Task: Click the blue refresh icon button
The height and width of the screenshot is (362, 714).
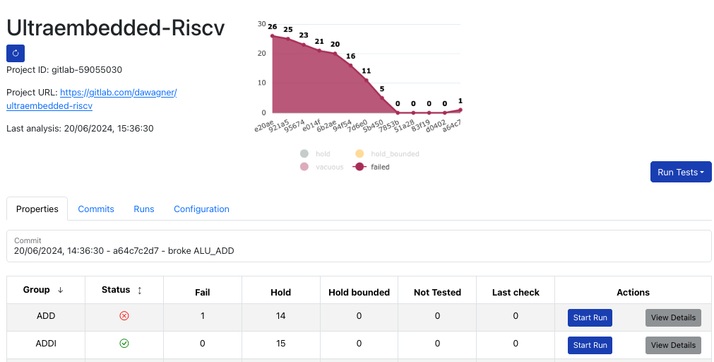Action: pyautogui.click(x=16, y=53)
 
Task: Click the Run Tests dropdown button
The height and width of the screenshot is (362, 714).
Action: pyautogui.click(x=680, y=172)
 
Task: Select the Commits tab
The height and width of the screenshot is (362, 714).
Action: pyautogui.click(x=96, y=209)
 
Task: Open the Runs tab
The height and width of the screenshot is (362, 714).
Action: pyautogui.click(x=144, y=209)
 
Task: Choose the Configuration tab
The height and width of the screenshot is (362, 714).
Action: pyautogui.click(x=201, y=209)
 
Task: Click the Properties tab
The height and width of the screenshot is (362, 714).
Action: pyautogui.click(x=37, y=209)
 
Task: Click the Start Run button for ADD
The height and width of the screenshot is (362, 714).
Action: pyautogui.click(x=590, y=317)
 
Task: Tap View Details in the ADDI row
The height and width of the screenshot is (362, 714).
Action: pyautogui.click(x=673, y=345)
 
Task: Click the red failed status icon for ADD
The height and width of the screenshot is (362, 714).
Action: pyautogui.click(x=124, y=316)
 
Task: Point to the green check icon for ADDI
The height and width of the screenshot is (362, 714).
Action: pyautogui.click(x=124, y=344)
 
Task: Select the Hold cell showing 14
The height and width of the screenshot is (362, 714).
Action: pyautogui.click(x=281, y=316)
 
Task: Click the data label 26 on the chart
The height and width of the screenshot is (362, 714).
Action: pyautogui.click(x=273, y=27)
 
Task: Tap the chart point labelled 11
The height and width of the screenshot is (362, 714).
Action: pyautogui.click(x=367, y=80)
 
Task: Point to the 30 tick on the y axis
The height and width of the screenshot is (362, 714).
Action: pyautogui.click(x=262, y=24)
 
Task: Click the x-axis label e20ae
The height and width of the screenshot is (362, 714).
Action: pyautogui.click(x=264, y=126)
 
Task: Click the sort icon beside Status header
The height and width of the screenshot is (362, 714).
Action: pyautogui.click(x=140, y=290)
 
